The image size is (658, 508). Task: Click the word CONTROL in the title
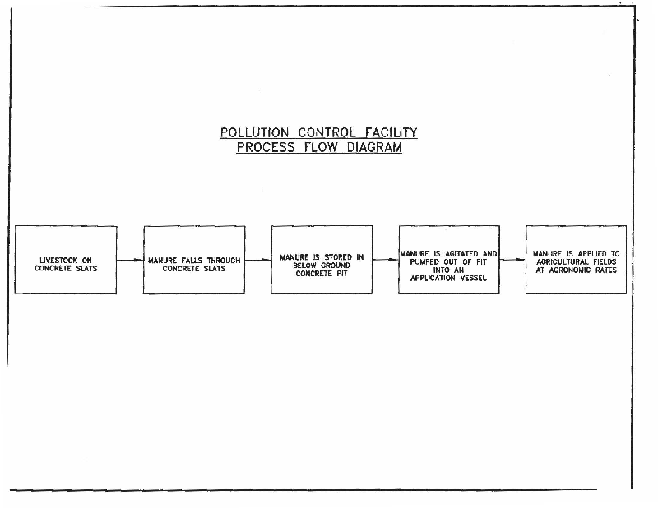pyautogui.click(x=322, y=132)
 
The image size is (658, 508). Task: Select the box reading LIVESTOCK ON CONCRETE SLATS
pyautogui.click(x=66, y=260)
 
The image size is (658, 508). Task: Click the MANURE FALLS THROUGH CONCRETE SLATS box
pyautogui.click(x=193, y=260)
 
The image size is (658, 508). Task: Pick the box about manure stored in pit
pyautogui.click(x=321, y=260)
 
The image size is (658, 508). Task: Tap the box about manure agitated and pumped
pyautogui.click(x=448, y=260)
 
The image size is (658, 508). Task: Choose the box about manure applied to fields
pyautogui.click(x=576, y=260)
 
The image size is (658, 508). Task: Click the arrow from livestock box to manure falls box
pyautogui.click(x=130, y=260)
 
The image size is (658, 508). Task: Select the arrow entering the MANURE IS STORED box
pyautogui.click(x=257, y=260)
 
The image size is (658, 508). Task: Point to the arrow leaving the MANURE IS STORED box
pyautogui.click(x=385, y=260)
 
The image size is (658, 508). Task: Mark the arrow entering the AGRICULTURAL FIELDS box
pyautogui.click(x=512, y=260)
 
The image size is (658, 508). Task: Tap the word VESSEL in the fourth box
pyautogui.click(x=471, y=278)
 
